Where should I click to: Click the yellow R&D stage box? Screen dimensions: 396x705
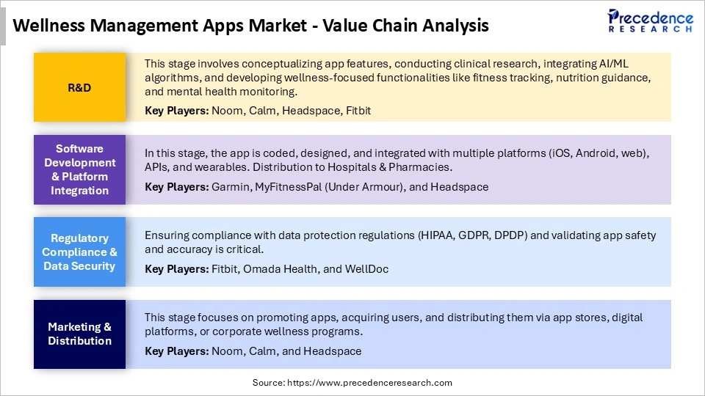(x=79, y=87)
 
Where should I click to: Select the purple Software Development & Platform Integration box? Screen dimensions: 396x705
(x=79, y=169)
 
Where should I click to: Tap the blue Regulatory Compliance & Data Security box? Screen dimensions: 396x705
(x=79, y=252)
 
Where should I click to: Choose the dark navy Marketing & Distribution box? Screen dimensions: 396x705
(x=79, y=334)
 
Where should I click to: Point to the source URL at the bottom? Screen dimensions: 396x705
(x=352, y=383)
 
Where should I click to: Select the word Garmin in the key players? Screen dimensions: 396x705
(x=229, y=187)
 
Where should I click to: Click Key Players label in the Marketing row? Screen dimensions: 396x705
(x=176, y=351)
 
